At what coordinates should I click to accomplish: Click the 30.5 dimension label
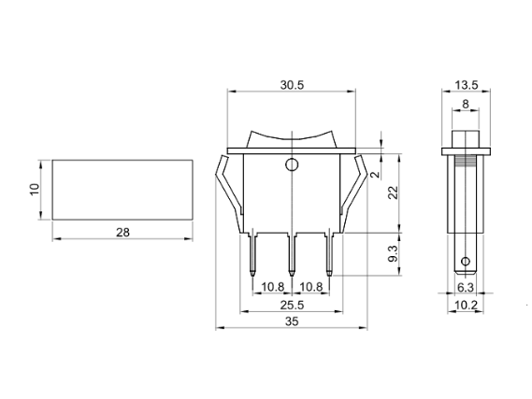(x=292, y=85)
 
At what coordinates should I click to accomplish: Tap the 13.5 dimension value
(x=467, y=85)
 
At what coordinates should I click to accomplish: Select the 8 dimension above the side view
(x=466, y=104)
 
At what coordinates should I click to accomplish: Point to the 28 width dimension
(x=122, y=233)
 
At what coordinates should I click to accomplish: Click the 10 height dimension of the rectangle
(x=35, y=189)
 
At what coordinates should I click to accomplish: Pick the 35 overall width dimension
(x=292, y=321)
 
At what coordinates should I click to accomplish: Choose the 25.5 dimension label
(x=292, y=306)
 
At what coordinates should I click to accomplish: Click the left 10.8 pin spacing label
(x=272, y=287)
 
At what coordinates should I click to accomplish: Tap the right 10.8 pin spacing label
(x=311, y=287)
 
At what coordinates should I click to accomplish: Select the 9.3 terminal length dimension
(x=393, y=253)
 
